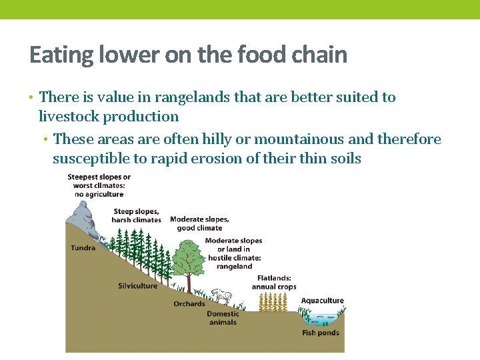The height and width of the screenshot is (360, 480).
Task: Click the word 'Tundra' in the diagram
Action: point(83,248)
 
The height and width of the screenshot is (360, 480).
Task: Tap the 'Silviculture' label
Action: point(137,286)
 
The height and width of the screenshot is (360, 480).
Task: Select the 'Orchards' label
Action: point(189,304)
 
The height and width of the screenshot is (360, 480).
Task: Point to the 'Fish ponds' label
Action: point(321,333)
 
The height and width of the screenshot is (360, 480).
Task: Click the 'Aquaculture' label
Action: point(322,301)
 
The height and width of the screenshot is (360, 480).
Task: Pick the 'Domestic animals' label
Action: point(223,318)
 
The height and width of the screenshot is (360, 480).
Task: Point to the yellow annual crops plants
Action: point(273,303)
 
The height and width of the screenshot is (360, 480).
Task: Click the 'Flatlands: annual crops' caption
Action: point(273,282)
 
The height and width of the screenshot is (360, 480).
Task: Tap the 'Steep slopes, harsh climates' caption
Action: point(137,215)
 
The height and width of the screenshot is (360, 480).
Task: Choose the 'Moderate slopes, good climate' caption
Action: point(199,223)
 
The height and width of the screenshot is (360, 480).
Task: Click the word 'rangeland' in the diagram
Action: point(234,267)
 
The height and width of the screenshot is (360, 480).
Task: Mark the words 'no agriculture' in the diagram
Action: point(99,194)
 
